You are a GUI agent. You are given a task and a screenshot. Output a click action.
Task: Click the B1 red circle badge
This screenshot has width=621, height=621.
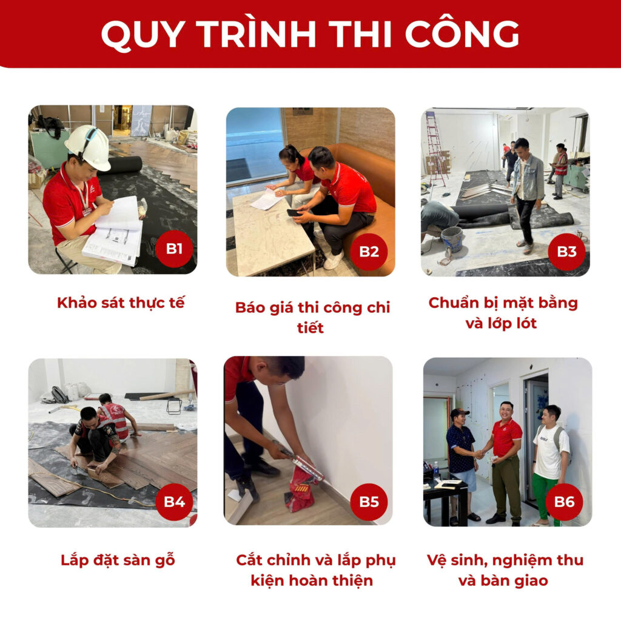(x=174, y=249)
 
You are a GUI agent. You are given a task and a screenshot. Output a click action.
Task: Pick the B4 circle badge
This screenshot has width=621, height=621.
(x=174, y=502)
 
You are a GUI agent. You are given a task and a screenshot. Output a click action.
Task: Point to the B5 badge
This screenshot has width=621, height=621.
(x=369, y=502)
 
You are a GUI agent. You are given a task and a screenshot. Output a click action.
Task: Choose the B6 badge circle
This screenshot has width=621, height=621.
(x=564, y=502)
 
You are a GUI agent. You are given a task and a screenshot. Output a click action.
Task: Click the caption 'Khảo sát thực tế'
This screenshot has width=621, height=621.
(x=121, y=303)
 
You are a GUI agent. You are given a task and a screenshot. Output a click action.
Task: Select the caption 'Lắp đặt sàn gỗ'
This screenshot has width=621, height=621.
(x=118, y=560)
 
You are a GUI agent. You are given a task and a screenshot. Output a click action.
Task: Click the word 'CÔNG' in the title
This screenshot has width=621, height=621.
(x=462, y=34)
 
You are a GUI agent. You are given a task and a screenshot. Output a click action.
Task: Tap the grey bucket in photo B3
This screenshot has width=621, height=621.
(x=452, y=239)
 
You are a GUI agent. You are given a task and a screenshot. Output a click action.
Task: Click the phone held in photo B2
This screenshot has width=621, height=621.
(x=295, y=212)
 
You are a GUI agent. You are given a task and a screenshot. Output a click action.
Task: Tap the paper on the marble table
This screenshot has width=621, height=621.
(x=267, y=199)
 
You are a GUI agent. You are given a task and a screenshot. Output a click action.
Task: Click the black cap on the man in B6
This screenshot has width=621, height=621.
(x=459, y=412)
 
